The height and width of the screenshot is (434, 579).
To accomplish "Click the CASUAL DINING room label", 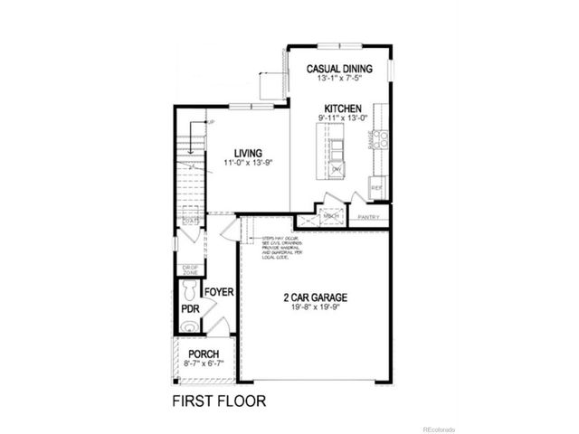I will tap(340, 69).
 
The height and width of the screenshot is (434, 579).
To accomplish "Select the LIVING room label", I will tap(247, 153).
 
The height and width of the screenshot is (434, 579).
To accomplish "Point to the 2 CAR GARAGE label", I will tap(315, 297).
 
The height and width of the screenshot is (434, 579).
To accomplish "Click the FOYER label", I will tap(219, 293).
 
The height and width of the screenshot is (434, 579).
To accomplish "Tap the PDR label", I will tap(190, 308).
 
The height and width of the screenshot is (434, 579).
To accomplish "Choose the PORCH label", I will tap(204, 354).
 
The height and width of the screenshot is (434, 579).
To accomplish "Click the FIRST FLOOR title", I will tap(218, 399).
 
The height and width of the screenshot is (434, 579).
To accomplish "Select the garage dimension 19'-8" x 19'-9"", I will tap(315, 307).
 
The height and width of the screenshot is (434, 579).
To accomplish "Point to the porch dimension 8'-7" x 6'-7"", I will tap(204, 363).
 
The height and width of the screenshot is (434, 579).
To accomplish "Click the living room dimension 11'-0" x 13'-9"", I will tap(247, 164).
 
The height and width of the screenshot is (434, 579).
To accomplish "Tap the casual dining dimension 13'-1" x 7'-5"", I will tap(340, 79).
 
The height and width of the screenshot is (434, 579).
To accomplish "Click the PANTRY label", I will tap(369, 218).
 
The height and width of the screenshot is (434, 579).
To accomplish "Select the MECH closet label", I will tap(331, 216).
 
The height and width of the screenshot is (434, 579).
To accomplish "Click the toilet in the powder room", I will tap(188, 289).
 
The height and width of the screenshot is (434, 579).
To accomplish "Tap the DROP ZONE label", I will tap(190, 269).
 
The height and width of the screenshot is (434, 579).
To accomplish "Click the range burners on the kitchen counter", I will tap(381, 138).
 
